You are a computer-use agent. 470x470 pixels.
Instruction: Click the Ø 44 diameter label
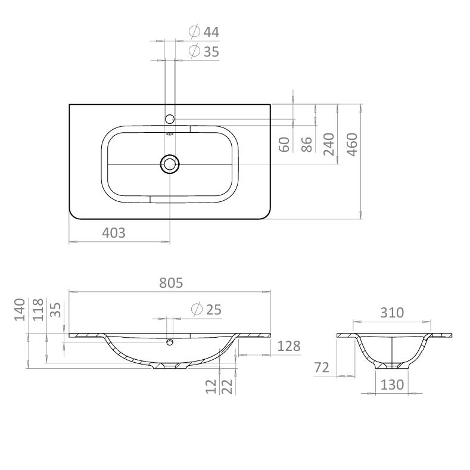204,32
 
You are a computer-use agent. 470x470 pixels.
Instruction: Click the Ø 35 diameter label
204,51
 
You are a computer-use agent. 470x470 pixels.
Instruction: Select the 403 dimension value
114,232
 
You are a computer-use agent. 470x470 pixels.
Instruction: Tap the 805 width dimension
171,282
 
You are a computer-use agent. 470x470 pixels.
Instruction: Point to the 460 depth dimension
352,144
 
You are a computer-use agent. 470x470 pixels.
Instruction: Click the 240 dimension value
329,144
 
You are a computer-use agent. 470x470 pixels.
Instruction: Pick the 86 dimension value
306,144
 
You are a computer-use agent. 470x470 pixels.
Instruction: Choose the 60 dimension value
284,144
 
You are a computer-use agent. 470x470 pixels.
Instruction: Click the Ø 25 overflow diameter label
207,309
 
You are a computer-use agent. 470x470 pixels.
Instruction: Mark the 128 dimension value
289,346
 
